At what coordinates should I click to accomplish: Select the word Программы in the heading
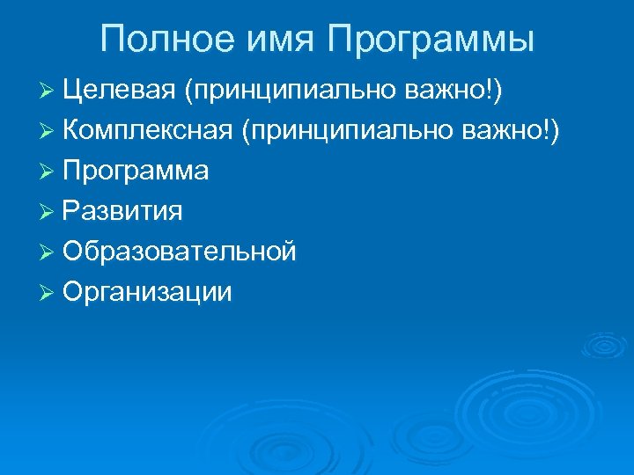pos(431,40)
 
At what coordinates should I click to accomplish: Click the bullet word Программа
pos(136,172)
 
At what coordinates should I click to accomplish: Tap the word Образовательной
pos(180,252)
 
